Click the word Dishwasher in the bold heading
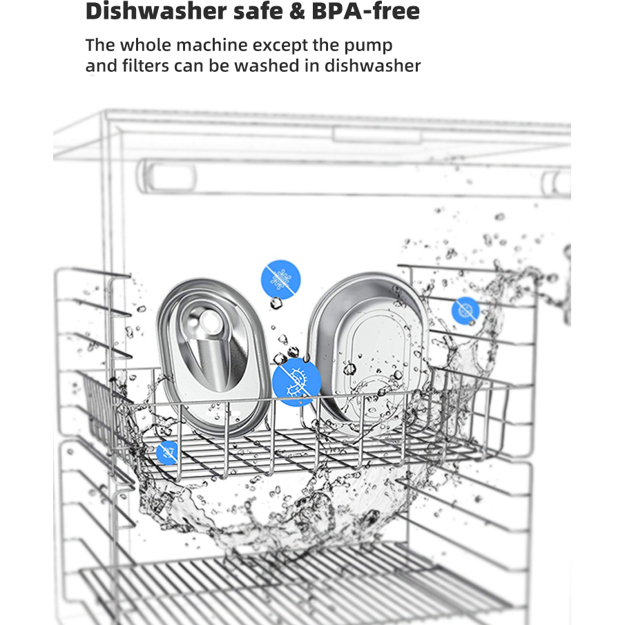(x=156, y=11)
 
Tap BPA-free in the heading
(x=365, y=11)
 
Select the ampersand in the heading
(x=297, y=11)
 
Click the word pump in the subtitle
(x=368, y=46)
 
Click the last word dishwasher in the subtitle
(x=372, y=66)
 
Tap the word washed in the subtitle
(x=267, y=66)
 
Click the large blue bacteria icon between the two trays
(x=296, y=382)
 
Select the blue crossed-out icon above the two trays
(x=280, y=279)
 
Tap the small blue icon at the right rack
(x=465, y=310)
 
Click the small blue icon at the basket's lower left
(x=167, y=452)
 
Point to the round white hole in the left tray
(x=209, y=322)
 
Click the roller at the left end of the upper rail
(x=167, y=176)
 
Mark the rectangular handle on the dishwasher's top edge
(x=377, y=135)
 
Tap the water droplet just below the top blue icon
(x=276, y=303)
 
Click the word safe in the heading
(x=258, y=11)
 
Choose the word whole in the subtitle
(x=146, y=45)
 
